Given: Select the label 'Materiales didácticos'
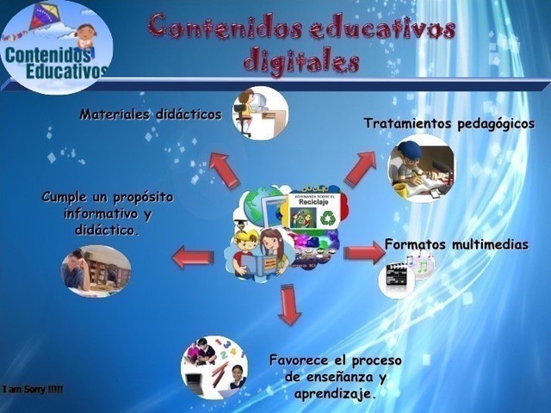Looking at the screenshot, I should coord(151,114).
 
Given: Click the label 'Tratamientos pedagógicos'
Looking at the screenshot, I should coord(449,124).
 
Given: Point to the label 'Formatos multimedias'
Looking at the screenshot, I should coord(456,244).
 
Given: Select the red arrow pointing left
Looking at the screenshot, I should coord(193,257).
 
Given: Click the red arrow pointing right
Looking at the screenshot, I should coord(364,253).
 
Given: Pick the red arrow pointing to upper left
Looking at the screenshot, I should coord(224,170).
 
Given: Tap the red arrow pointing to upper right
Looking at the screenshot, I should coord(360,168).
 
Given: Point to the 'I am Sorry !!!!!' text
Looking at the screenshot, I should coord(33,390).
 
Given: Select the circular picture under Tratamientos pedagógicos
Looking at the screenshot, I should coord(421,168).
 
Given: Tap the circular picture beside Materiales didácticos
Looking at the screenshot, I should coord(260,113).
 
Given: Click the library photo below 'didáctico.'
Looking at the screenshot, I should coord(96,271).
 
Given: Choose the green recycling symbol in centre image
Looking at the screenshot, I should coord(328,219).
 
